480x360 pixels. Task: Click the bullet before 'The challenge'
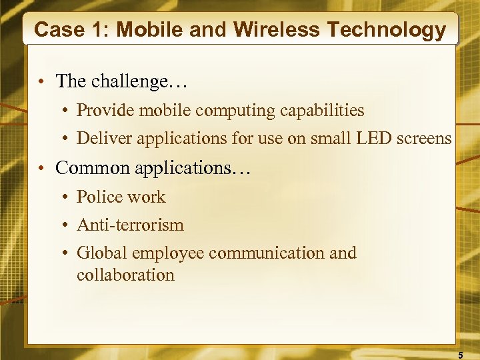coord(41,82)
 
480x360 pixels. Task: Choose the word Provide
coord(104,110)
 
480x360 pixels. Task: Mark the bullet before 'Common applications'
coord(41,168)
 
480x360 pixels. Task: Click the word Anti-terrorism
coord(130,225)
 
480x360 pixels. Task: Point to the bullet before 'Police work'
coord(67,197)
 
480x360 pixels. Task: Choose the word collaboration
coord(125,275)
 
